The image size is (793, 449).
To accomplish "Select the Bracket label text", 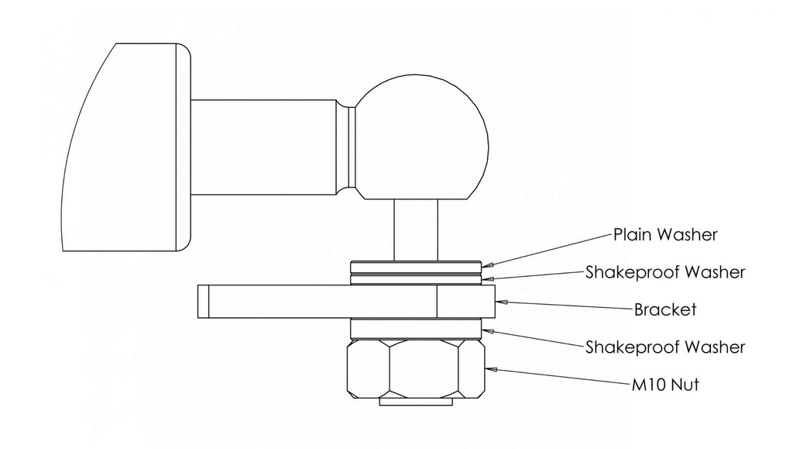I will coord(665,309).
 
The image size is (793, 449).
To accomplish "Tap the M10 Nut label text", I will coord(664,383).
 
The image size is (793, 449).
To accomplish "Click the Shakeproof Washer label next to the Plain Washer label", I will coord(665,272).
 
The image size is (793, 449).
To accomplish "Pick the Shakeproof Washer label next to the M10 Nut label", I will coord(665,347).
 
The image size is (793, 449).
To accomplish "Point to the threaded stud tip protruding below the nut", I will coord(416,403).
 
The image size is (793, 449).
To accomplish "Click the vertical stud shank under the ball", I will coord(416,229).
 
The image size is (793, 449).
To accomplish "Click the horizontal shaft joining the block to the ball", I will coord(263,147).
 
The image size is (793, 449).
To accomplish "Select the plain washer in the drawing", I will coord(416,264).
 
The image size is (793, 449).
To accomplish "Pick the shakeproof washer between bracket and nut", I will coord(416,329).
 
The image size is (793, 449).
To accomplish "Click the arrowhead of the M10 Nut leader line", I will coord(490,369).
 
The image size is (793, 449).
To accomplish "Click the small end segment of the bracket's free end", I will coord(203,301).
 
